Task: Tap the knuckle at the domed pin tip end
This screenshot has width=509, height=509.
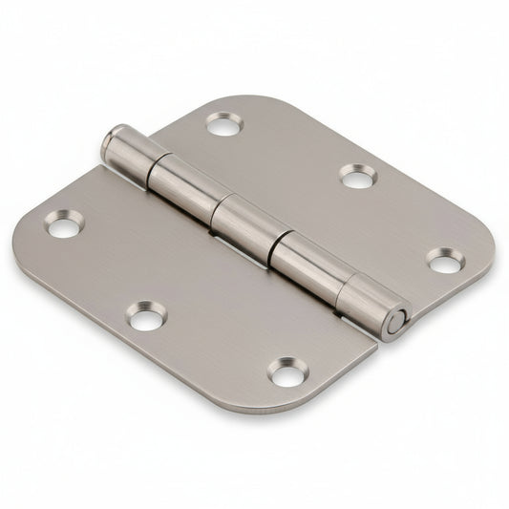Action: point(134,156)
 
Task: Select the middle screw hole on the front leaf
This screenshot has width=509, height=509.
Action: point(147,316)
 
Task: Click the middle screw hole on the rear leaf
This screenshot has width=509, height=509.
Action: point(358,175)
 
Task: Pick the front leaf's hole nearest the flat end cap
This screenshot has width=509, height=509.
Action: point(286,371)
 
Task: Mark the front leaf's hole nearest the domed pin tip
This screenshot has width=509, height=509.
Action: point(64,224)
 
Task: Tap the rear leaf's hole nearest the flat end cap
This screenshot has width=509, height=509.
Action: point(445,260)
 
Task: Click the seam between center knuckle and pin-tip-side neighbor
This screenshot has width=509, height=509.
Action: point(215,203)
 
